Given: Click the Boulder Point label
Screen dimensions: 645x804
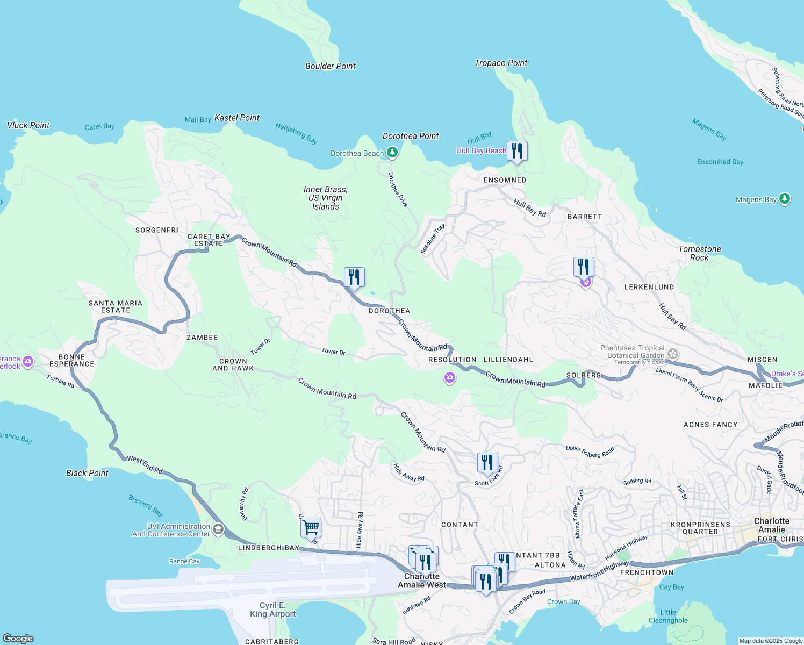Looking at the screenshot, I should click(330, 66).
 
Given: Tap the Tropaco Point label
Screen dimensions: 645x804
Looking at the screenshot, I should click(501, 63).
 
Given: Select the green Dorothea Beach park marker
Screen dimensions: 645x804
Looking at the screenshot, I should click(392, 153).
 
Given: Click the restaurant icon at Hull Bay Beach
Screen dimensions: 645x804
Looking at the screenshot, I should click(517, 150).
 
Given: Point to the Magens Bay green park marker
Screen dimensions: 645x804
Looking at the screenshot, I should click(785, 199).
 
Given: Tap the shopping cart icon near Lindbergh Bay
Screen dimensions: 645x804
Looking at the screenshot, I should click(311, 528).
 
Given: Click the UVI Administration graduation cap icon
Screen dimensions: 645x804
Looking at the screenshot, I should click(218, 529).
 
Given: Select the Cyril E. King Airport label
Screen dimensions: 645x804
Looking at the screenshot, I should click(272, 610).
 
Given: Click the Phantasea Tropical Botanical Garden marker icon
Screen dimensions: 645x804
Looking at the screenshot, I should click(673, 354).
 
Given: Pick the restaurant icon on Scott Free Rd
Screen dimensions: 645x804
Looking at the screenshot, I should click(487, 463).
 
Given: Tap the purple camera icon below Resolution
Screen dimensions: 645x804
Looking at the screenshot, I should click(450, 378).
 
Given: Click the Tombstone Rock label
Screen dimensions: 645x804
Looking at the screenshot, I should click(699, 253).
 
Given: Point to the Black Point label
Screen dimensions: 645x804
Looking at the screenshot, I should click(87, 473).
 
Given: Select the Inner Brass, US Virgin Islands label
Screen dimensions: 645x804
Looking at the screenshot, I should click(325, 198).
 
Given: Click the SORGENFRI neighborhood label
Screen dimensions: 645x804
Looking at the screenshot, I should click(156, 230).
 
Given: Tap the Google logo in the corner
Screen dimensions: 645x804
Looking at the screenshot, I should click(18, 638).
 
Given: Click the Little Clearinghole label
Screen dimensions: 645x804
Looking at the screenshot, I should click(668, 616).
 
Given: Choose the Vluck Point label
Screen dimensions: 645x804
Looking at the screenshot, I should click(28, 125).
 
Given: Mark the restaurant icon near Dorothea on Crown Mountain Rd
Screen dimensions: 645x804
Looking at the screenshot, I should click(354, 277).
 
